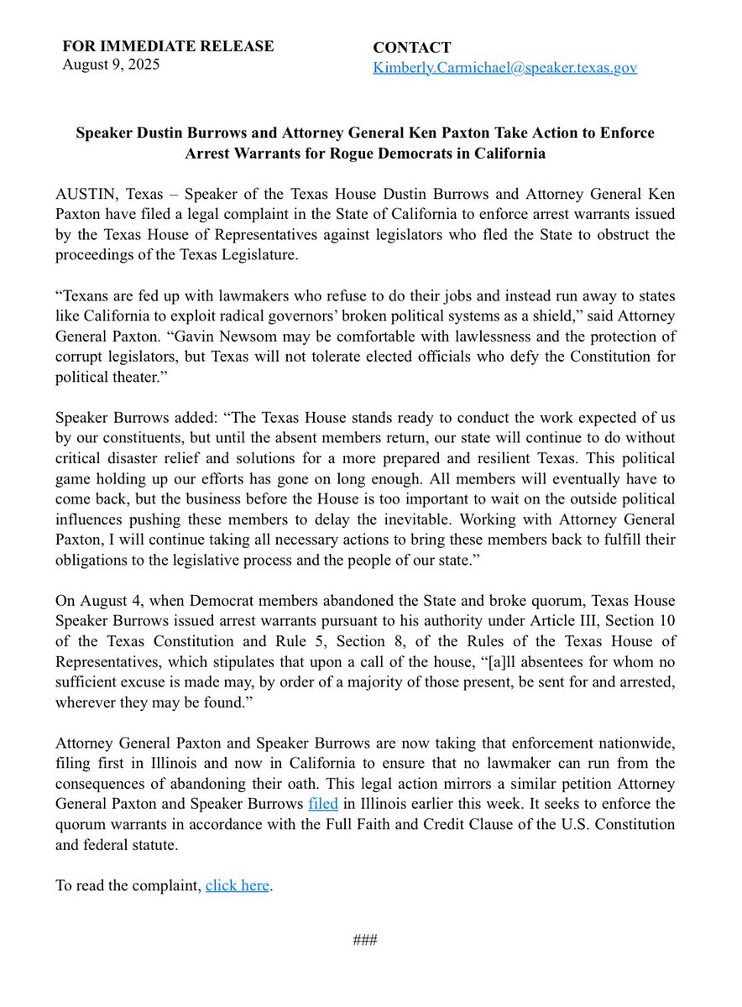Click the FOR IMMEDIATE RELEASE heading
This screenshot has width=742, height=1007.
[168, 46]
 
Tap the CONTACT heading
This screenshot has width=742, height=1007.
[412, 48]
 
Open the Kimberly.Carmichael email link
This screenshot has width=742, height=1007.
[504, 68]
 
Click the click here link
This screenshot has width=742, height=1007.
[238, 885]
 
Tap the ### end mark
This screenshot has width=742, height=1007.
[365, 939]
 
